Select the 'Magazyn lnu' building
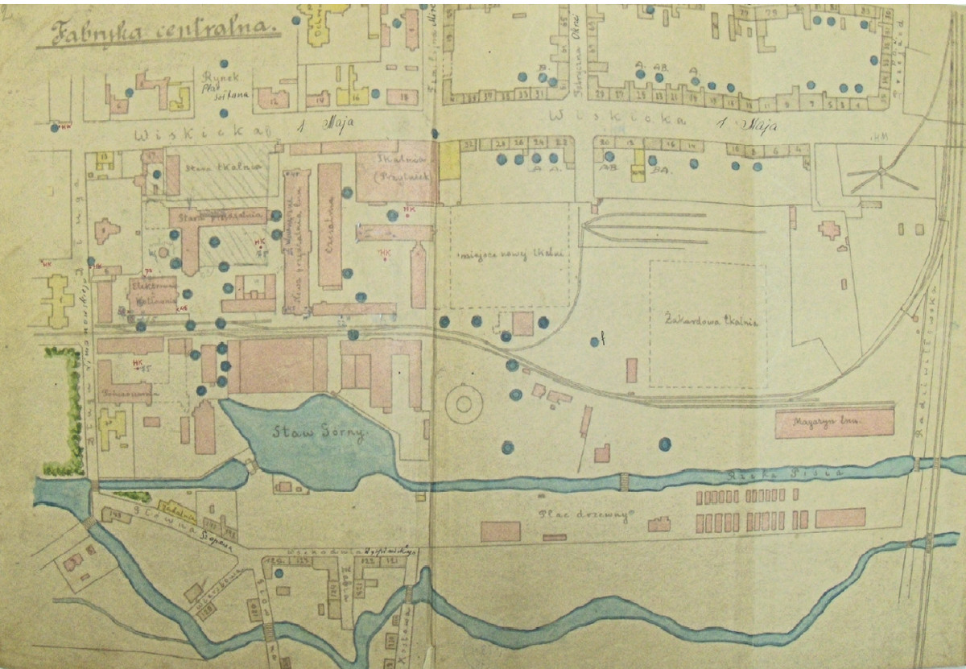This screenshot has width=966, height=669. pyautogui.click(x=835, y=423)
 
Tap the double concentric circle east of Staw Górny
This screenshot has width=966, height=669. pyautogui.click(x=464, y=403)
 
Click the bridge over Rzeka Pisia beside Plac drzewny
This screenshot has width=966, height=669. pyautogui.click(x=623, y=481)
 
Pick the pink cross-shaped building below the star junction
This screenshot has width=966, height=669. pyautogui.click(x=829, y=229)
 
